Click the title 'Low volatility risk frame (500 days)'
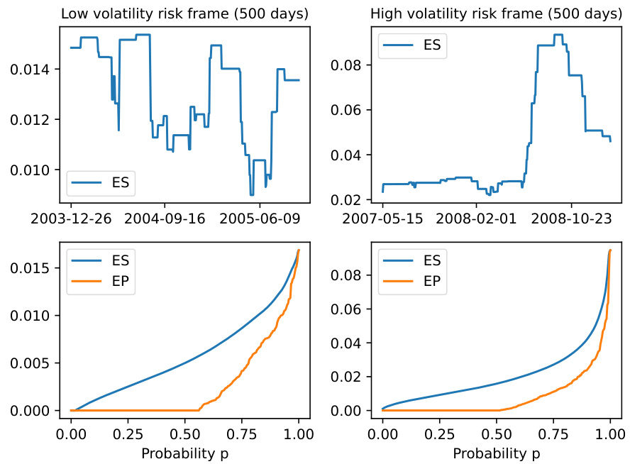pyautogui.click(x=185, y=14)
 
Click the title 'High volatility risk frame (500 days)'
pyautogui.click(x=497, y=14)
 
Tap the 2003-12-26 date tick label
pyautogui.click(x=71, y=219)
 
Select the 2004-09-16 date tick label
pyautogui.click(x=165, y=219)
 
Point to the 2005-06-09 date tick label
pyautogui.click(x=260, y=219)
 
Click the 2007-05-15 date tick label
pyautogui.click(x=383, y=219)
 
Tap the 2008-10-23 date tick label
pyautogui.click(x=571, y=219)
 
